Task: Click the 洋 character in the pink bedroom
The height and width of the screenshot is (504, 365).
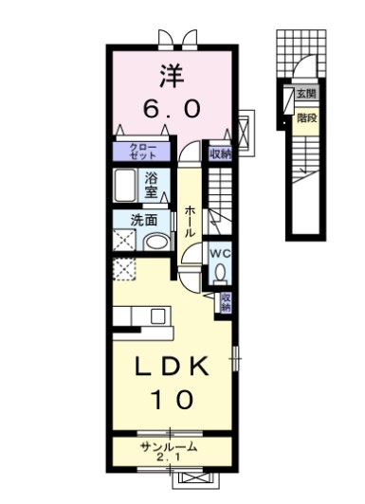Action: [x=172, y=76]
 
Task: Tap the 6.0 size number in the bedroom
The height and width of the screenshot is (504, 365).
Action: [x=172, y=108]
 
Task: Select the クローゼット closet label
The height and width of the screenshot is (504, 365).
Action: [x=142, y=152]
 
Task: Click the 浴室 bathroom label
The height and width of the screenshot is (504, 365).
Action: [x=151, y=185]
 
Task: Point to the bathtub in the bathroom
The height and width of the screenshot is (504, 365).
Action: [x=125, y=186]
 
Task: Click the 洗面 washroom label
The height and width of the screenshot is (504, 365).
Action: [x=144, y=220]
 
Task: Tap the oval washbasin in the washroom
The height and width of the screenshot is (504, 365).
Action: [x=156, y=243]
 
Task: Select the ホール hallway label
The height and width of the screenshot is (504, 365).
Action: [x=190, y=222]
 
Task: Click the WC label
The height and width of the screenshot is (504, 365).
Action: [x=220, y=254]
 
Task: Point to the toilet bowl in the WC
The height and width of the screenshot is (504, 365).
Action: [x=220, y=272]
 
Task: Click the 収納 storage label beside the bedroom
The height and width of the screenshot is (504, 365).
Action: [x=221, y=154]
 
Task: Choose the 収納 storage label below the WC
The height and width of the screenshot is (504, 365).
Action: [x=226, y=302]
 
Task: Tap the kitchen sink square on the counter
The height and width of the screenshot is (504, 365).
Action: [x=158, y=316]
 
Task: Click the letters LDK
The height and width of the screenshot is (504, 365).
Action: [x=172, y=367]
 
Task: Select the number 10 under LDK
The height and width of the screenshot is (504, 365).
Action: [x=173, y=400]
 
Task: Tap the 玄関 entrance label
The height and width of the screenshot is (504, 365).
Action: [x=306, y=94]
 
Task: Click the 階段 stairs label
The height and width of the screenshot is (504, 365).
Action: [x=307, y=118]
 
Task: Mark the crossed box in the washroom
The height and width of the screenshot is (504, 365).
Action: [x=124, y=239]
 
